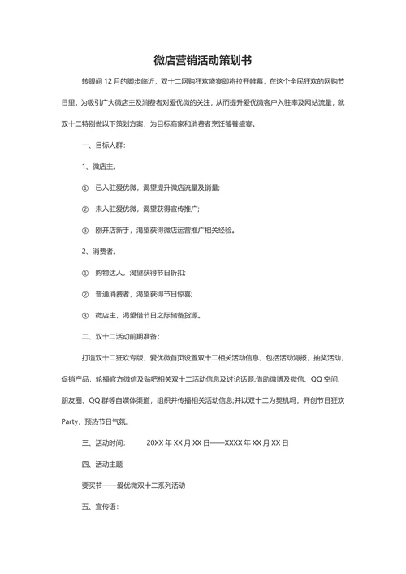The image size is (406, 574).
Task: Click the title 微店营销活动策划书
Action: click(203, 60)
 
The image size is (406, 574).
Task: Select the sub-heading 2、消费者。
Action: click(101, 251)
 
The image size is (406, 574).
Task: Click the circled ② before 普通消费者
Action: click(85, 294)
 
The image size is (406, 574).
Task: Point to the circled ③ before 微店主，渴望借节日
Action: click(85, 315)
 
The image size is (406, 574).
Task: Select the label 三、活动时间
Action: click(104, 443)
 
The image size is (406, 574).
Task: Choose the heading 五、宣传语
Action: click(100, 507)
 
